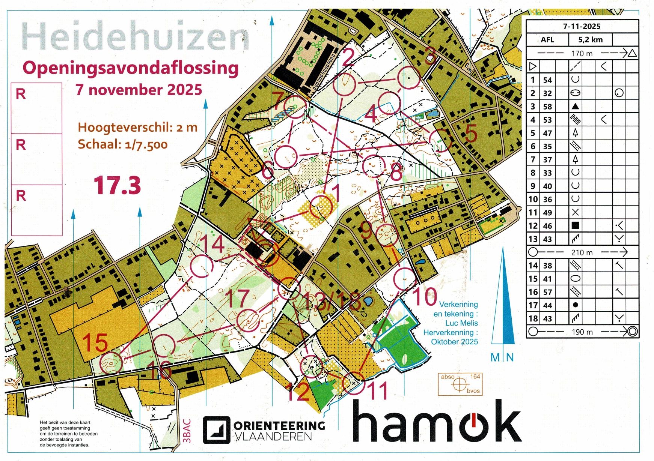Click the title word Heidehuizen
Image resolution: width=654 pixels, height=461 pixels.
click(135, 37)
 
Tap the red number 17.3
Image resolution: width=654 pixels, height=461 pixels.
click(118, 185)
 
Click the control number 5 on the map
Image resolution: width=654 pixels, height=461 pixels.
click(471, 134)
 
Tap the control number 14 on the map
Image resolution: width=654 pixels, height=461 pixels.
click(213, 244)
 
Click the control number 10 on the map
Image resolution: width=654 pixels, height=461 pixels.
click(425, 297)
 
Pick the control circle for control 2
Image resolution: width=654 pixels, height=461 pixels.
click(344, 84)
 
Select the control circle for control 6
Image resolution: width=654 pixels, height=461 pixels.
click(286, 157)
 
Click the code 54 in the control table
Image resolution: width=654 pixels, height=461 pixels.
click(547, 80)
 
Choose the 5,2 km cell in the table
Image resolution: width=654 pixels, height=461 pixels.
click(590, 40)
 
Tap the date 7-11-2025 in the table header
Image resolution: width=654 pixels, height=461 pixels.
click(582, 26)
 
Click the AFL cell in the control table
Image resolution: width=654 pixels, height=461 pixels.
click(547, 40)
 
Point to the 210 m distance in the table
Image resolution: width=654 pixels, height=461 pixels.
click(582, 252)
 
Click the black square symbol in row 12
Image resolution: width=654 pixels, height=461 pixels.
click(575, 226)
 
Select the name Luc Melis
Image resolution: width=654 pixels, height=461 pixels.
click(461, 323)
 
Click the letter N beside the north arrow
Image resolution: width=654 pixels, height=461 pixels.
click(510, 357)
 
